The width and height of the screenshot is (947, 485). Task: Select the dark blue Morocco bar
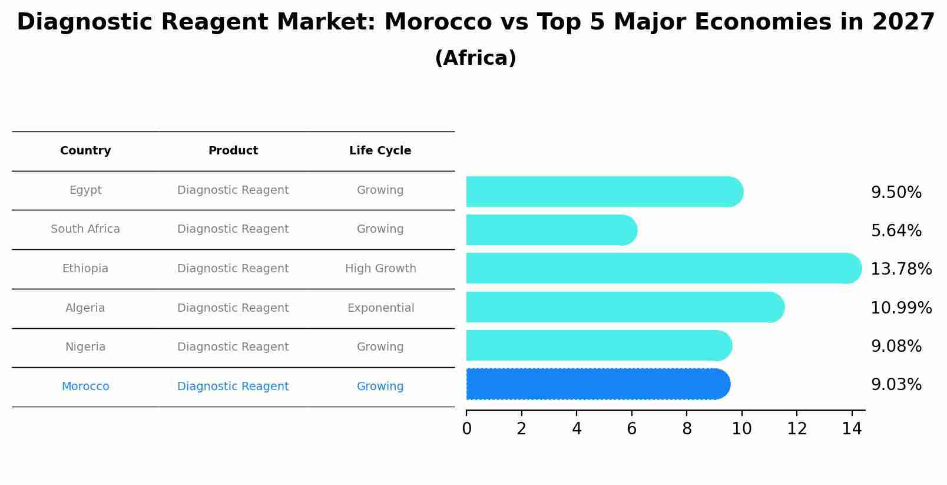598,384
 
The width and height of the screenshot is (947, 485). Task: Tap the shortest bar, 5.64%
551,230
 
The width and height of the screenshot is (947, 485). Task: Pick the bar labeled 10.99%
624,307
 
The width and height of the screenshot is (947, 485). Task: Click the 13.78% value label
900,269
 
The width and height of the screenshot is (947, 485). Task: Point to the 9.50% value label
896,193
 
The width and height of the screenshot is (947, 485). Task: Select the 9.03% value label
896,385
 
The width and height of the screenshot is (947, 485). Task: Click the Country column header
85,151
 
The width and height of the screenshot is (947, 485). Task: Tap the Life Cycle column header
380,151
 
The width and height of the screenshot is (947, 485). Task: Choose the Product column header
233,151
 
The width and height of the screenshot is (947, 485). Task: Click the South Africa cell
85,229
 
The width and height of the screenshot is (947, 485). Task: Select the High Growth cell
380,269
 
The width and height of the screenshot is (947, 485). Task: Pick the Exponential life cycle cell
380,308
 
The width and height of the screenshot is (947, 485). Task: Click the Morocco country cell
85,387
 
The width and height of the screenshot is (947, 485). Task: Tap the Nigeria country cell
85,347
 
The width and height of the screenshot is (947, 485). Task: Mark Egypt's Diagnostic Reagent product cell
233,190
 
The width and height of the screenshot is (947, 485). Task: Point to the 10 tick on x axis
741,429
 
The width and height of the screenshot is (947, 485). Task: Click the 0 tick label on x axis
466,429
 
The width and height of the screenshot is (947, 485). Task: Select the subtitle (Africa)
475,58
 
